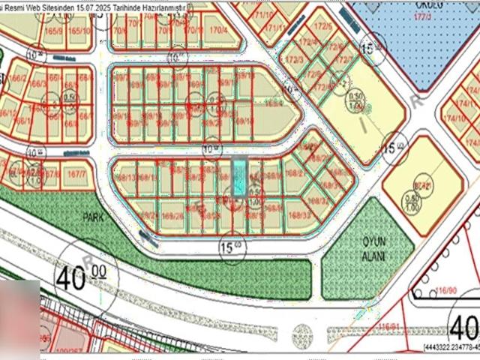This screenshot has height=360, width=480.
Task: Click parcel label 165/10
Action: pos(79,31)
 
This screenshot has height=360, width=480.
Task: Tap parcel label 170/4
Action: pos(218,30)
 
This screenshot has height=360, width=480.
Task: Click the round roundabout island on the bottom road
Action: pos(302,333)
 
